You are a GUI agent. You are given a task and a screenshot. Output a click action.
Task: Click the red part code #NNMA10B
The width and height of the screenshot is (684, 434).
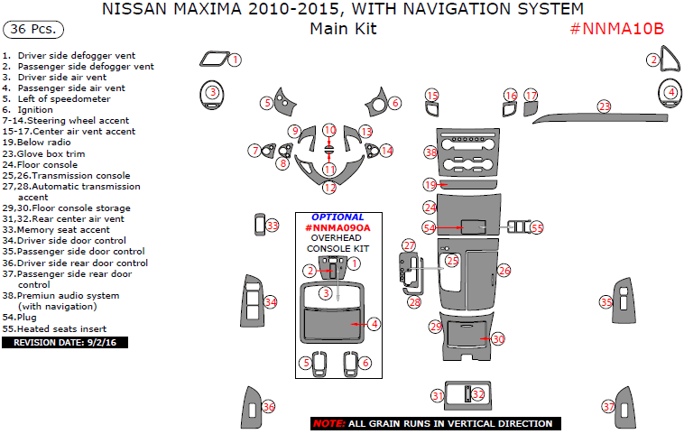click(617, 28)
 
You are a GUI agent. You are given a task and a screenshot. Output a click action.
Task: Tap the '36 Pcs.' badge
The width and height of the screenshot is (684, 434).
click(33, 30)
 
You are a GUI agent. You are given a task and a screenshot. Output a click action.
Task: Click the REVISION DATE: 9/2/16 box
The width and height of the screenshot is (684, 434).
click(57, 342)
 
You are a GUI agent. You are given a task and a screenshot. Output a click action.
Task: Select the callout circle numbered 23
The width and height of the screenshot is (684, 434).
click(604, 106)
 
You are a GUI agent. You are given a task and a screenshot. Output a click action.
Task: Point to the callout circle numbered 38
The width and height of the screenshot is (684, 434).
click(430, 154)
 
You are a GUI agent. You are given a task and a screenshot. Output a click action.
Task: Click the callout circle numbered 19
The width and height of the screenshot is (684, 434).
click(430, 185)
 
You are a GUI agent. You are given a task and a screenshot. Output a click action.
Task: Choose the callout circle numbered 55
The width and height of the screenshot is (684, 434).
click(537, 228)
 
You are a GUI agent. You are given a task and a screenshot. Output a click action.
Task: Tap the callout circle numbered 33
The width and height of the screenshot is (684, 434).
click(273, 225)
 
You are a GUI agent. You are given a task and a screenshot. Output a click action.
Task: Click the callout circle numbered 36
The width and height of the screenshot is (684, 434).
click(269, 408)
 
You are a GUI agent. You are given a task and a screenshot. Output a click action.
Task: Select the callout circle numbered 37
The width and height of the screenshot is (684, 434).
click(608, 408)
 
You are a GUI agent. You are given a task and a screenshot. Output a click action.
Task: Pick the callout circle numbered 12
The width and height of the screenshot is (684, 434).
click(329, 188)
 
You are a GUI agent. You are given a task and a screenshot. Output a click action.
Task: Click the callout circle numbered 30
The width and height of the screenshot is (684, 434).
click(498, 338)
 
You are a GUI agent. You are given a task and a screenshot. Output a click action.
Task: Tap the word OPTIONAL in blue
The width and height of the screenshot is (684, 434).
click(337, 217)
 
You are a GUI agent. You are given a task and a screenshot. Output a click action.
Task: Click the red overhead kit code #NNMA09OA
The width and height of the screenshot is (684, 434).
click(337, 228)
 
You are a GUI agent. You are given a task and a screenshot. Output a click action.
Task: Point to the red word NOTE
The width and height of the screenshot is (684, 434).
click(328, 423)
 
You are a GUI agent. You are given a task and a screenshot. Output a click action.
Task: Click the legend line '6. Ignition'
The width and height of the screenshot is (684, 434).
click(35, 110)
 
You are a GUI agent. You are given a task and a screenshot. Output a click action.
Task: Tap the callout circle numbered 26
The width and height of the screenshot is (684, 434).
click(504, 271)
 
